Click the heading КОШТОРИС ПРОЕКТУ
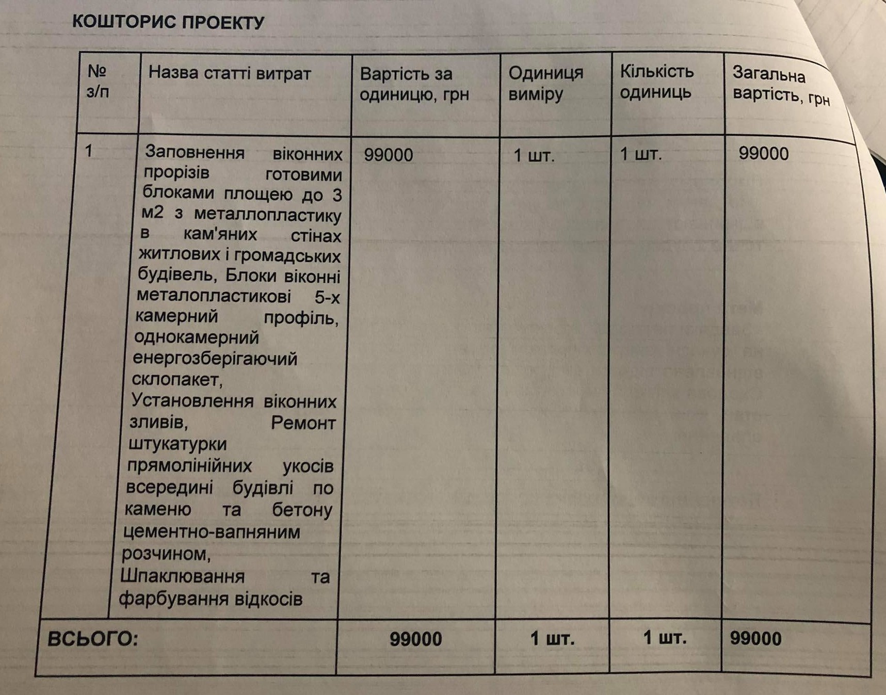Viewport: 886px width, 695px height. point(168,22)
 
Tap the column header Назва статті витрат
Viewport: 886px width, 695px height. point(230,73)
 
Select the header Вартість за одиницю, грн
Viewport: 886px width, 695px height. point(414,84)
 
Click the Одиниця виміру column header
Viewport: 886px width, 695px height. point(545,84)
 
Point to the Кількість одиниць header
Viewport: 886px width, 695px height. point(656,82)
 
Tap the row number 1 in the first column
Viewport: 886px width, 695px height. point(89,151)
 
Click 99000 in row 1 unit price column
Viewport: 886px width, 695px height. point(389,155)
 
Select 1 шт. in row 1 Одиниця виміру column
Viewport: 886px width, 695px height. point(534,155)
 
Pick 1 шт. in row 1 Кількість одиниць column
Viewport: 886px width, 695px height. point(640,154)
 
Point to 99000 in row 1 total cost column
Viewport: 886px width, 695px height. point(763,153)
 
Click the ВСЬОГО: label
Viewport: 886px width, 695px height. point(93,639)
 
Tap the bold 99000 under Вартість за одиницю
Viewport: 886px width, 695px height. point(415,639)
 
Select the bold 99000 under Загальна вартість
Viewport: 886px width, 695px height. point(755,638)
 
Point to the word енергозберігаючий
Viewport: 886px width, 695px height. point(215,358)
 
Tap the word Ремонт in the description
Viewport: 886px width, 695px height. point(303,423)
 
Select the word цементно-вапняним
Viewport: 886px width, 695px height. point(212,531)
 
